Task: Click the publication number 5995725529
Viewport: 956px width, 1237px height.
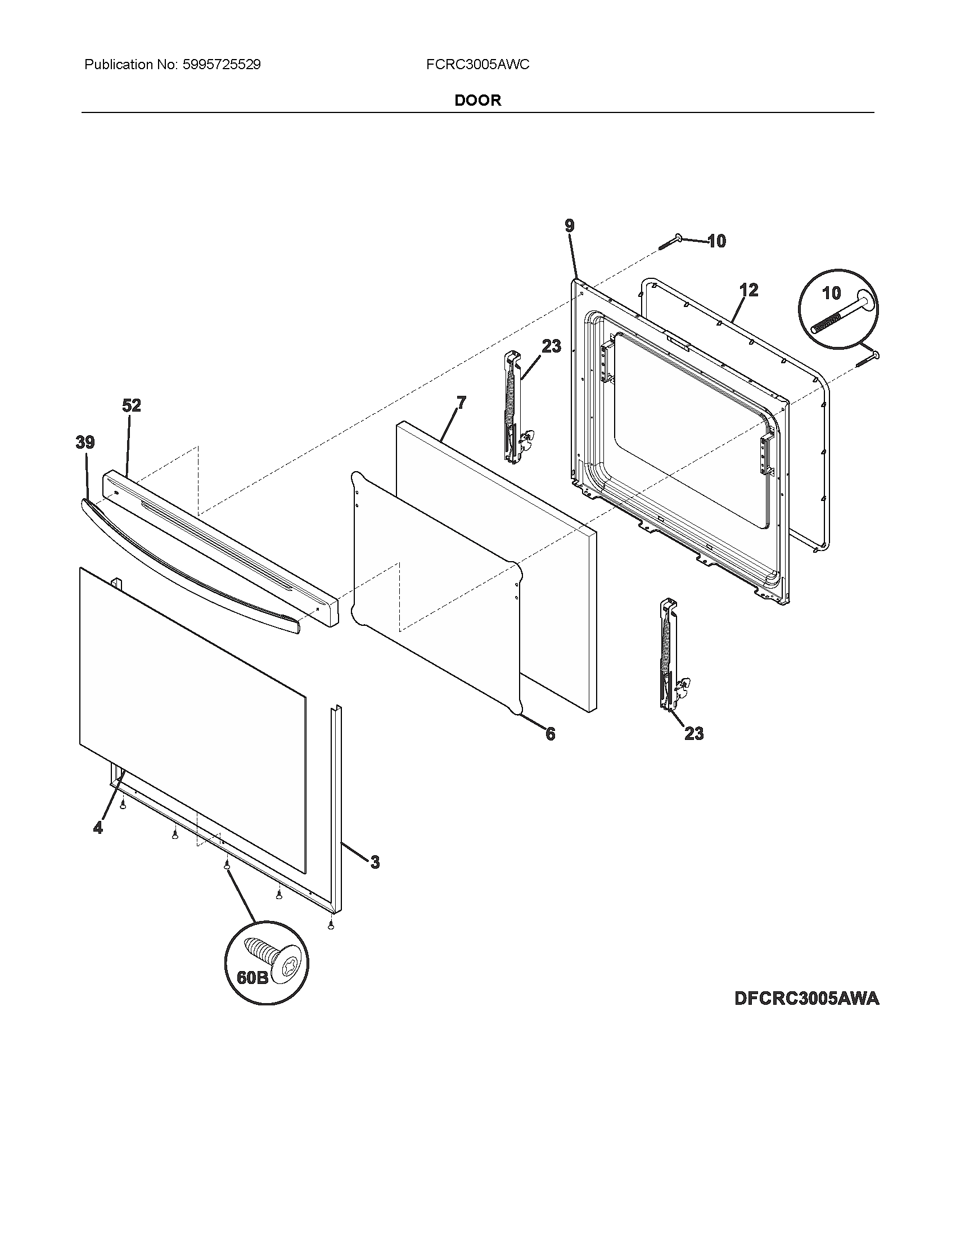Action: coord(222,65)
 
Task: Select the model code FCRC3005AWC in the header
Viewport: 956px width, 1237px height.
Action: coord(477,65)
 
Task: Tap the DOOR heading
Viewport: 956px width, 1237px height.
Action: coord(478,100)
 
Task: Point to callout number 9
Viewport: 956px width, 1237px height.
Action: coord(569,226)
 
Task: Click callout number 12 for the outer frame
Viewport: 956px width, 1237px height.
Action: coord(748,291)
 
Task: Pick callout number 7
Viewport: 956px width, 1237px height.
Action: coord(462,403)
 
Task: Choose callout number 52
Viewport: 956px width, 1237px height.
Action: coord(132,405)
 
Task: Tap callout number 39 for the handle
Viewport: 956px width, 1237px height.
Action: coord(85,443)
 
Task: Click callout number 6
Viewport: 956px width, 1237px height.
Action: coord(550,734)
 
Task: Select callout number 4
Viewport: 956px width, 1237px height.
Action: coord(98,828)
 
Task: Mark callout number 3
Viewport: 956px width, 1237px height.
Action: coord(375,863)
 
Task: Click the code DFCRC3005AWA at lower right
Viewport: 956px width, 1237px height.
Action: coord(806,998)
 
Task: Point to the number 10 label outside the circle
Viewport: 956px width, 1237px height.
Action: coord(716,241)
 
